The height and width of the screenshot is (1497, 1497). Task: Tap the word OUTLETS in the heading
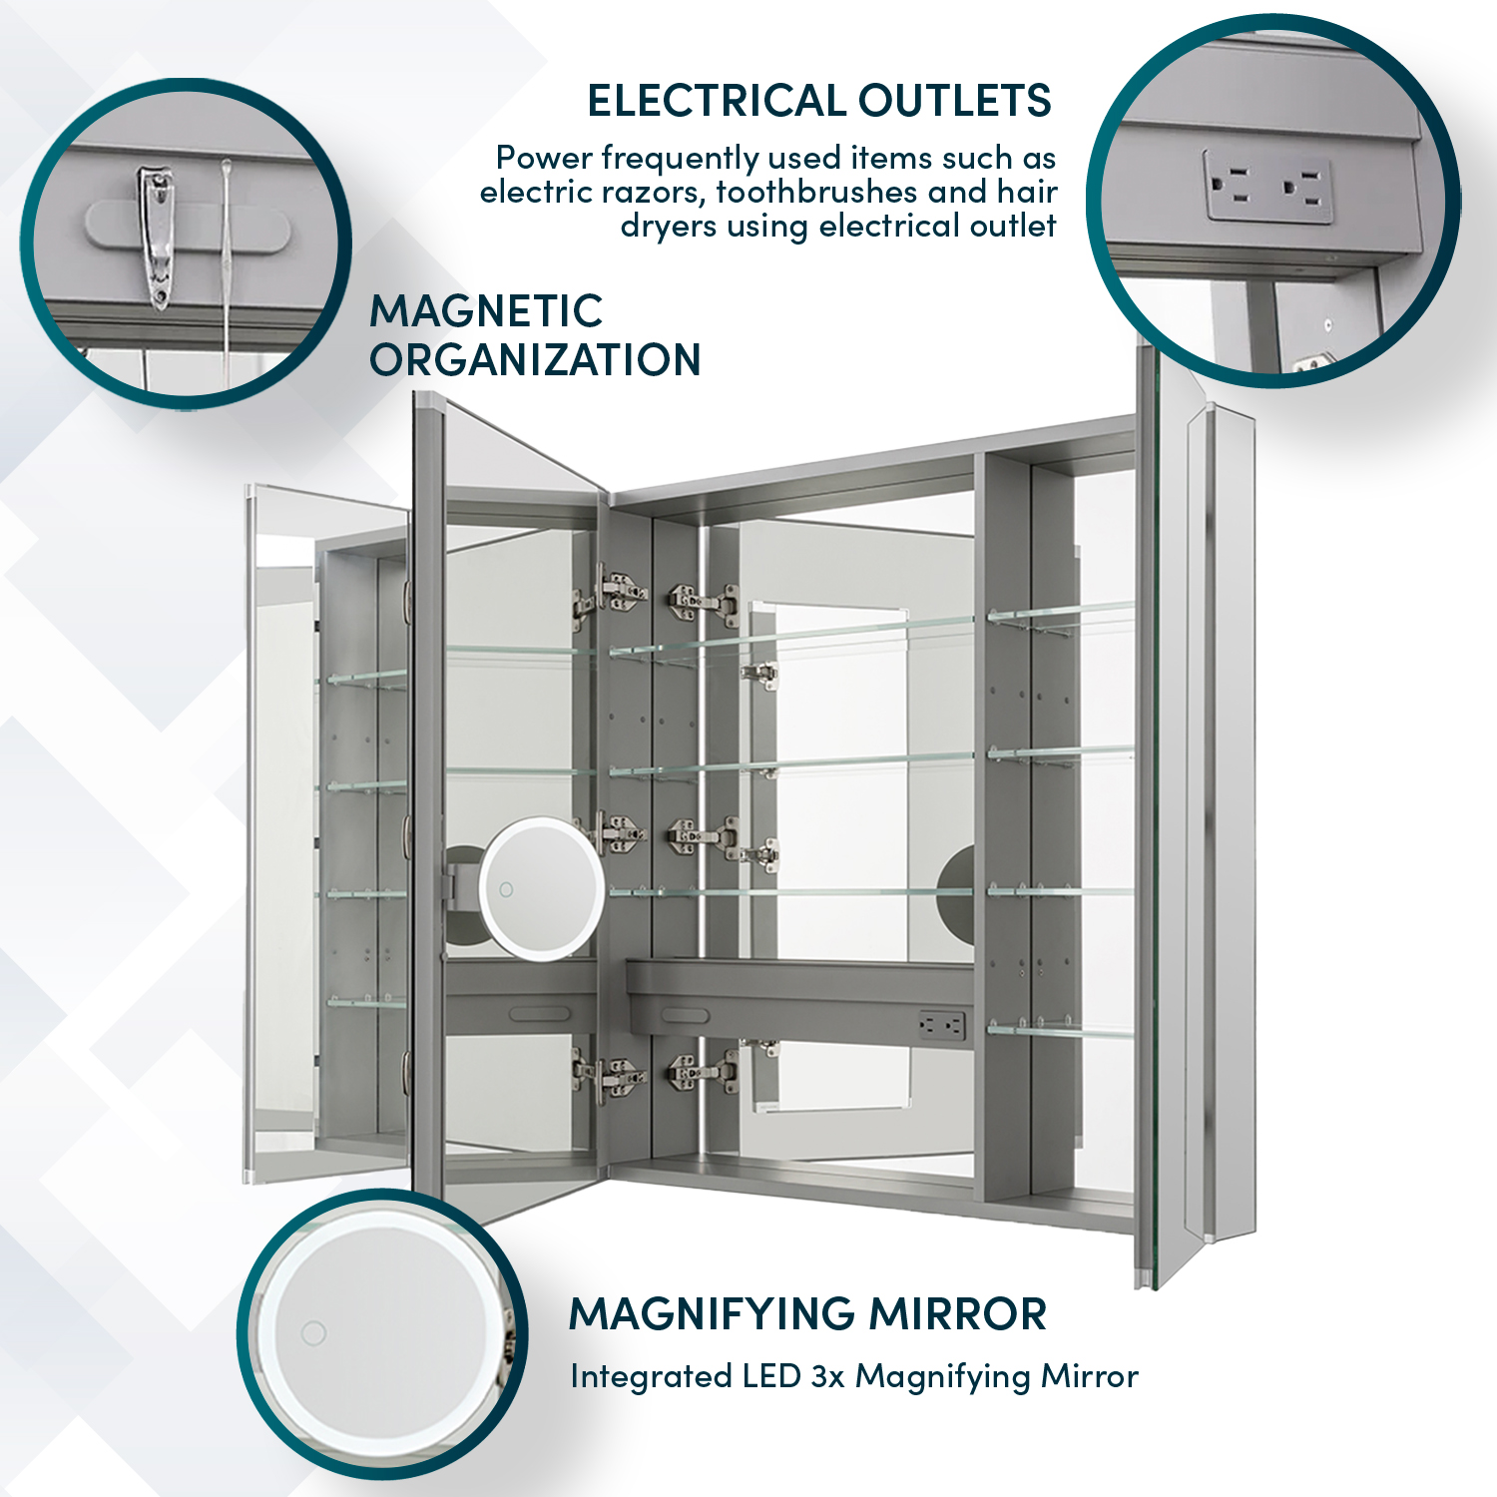pyautogui.click(x=955, y=101)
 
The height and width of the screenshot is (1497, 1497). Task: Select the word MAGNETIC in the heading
pyautogui.click(x=486, y=311)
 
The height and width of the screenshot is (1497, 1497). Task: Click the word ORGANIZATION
pyautogui.click(x=535, y=359)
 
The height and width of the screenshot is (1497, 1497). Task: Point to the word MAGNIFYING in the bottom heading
pyautogui.click(x=712, y=1313)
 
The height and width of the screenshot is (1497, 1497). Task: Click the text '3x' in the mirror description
pyautogui.click(x=827, y=1376)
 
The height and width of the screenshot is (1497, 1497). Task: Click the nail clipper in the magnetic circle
pyautogui.click(x=155, y=237)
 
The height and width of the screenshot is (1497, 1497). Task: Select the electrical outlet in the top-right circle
pyautogui.click(x=1267, y=187)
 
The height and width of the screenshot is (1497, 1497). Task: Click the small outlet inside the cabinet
pyautogui.click(x=941, y=1024)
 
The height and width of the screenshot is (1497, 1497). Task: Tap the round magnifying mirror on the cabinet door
pyautogui.click(x=542, y=888)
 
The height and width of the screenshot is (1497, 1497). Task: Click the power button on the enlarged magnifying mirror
pyautogui.click(x=313, y=1332)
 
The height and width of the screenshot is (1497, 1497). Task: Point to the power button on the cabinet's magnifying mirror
pyautogui.click(x=506, y=889)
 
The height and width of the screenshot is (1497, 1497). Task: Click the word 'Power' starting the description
pyautogui.click(x=544, y=158)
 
